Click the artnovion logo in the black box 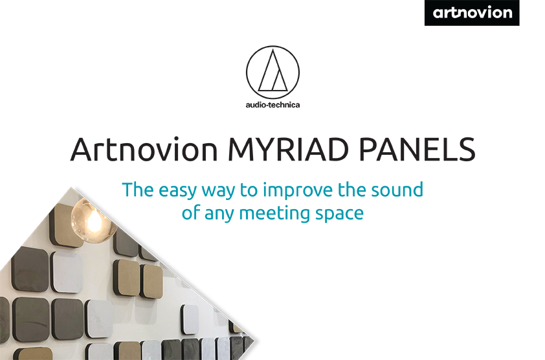472,13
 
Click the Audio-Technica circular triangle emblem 273,73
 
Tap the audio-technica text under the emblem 273,105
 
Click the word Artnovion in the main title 144,150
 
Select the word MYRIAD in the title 288,150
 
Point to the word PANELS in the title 417,150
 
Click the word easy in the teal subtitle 177,190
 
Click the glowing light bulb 93,218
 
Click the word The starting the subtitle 138,190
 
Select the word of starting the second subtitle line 190,212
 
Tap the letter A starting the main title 82,150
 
